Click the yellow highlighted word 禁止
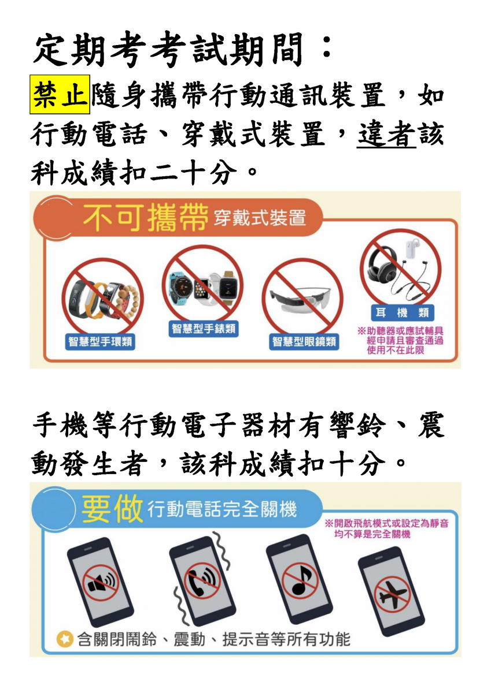point(60,94)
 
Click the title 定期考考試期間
point(169,50)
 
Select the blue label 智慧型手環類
point(100,341)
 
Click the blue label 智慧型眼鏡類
point(304,341)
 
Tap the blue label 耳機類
point(403,313)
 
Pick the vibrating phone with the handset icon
point(202,583)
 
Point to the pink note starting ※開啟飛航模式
point(386,528)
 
